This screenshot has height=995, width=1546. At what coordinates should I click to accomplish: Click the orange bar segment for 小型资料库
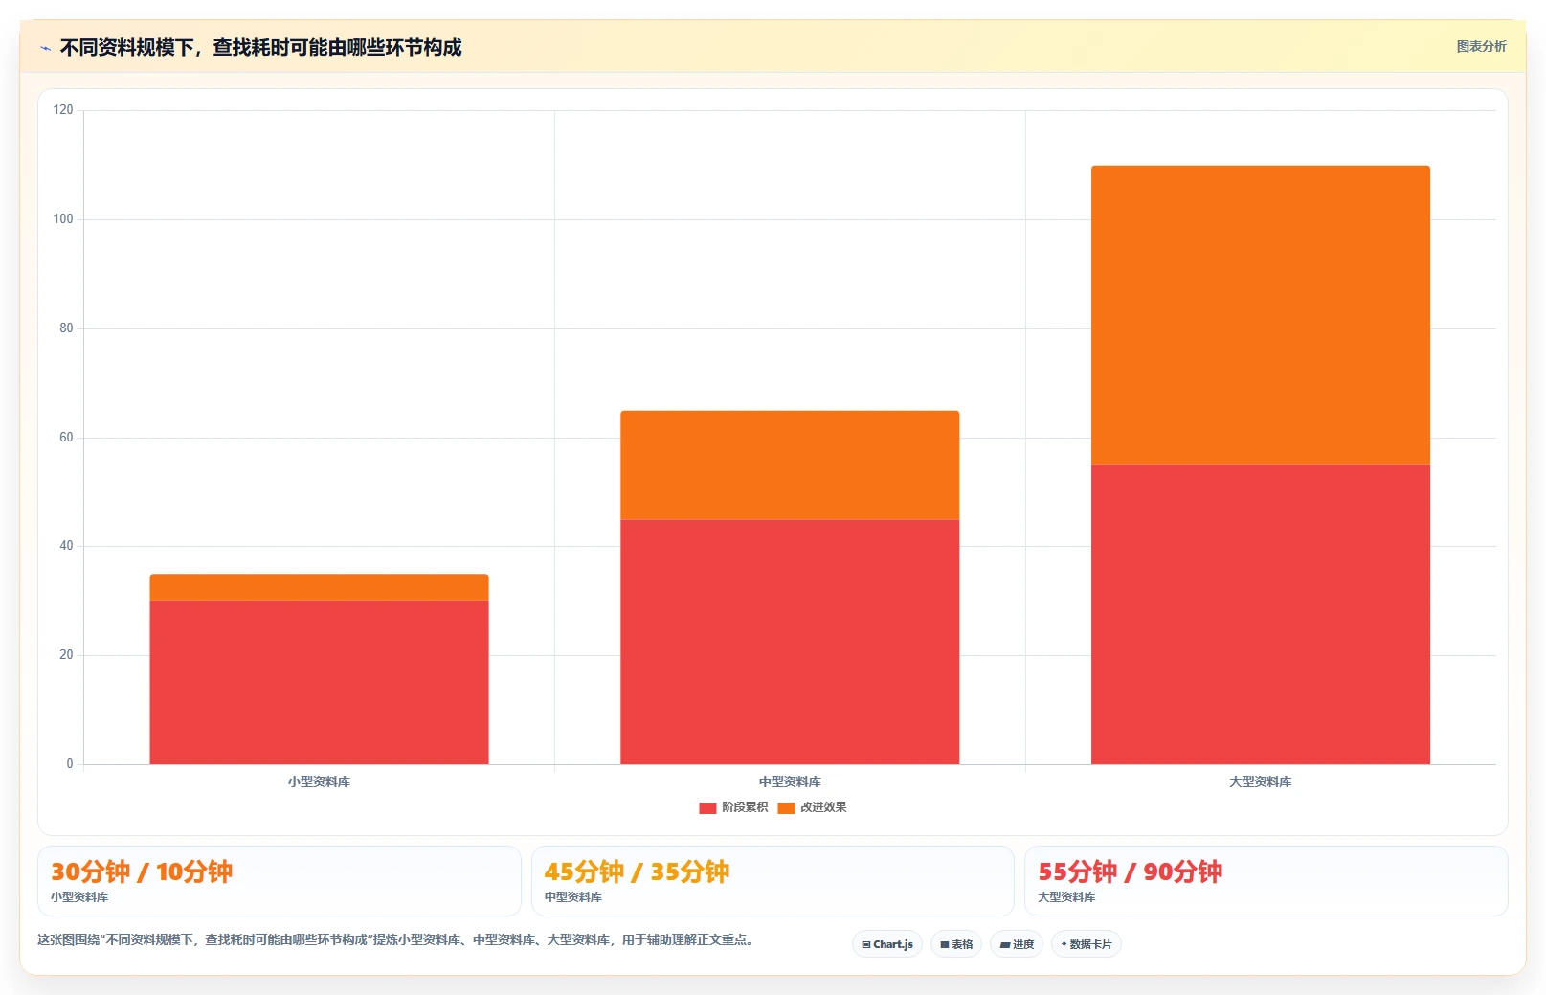point(319,587)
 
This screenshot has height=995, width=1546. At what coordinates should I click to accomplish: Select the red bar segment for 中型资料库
point(790,642)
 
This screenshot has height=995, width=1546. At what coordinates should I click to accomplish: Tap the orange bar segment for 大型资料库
point(1261,315)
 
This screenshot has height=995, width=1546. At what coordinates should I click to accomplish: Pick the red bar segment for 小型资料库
point(319,682)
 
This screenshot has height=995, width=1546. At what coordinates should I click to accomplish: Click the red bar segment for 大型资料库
point(1261,615)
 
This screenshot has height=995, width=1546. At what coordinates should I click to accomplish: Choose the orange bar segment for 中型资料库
point(790,464)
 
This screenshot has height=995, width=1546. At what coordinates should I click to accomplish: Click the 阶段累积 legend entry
point(733,807)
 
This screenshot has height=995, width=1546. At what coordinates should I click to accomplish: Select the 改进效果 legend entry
point(812,807)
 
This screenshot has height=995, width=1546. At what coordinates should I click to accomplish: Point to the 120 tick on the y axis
point(63,110)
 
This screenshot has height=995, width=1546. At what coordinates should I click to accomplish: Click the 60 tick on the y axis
point(66,437)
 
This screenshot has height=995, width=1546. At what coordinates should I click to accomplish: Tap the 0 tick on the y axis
point(70,763)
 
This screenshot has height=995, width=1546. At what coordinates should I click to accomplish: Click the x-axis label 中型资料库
point(790,781)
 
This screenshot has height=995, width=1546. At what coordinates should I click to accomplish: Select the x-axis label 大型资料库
point(1261,781)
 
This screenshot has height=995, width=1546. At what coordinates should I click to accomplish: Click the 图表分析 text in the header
point(1481,46)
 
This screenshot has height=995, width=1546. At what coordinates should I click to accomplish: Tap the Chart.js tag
point(887,944)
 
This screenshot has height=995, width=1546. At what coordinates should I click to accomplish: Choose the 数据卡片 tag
point(1087,944)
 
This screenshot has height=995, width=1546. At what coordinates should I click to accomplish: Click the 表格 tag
point(956,944)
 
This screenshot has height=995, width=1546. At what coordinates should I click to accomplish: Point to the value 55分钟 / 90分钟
point(1130,871)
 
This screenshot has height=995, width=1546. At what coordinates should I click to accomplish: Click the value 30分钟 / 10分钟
point(142,871)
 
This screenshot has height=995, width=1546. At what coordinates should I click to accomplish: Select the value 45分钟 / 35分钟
point(637,871)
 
